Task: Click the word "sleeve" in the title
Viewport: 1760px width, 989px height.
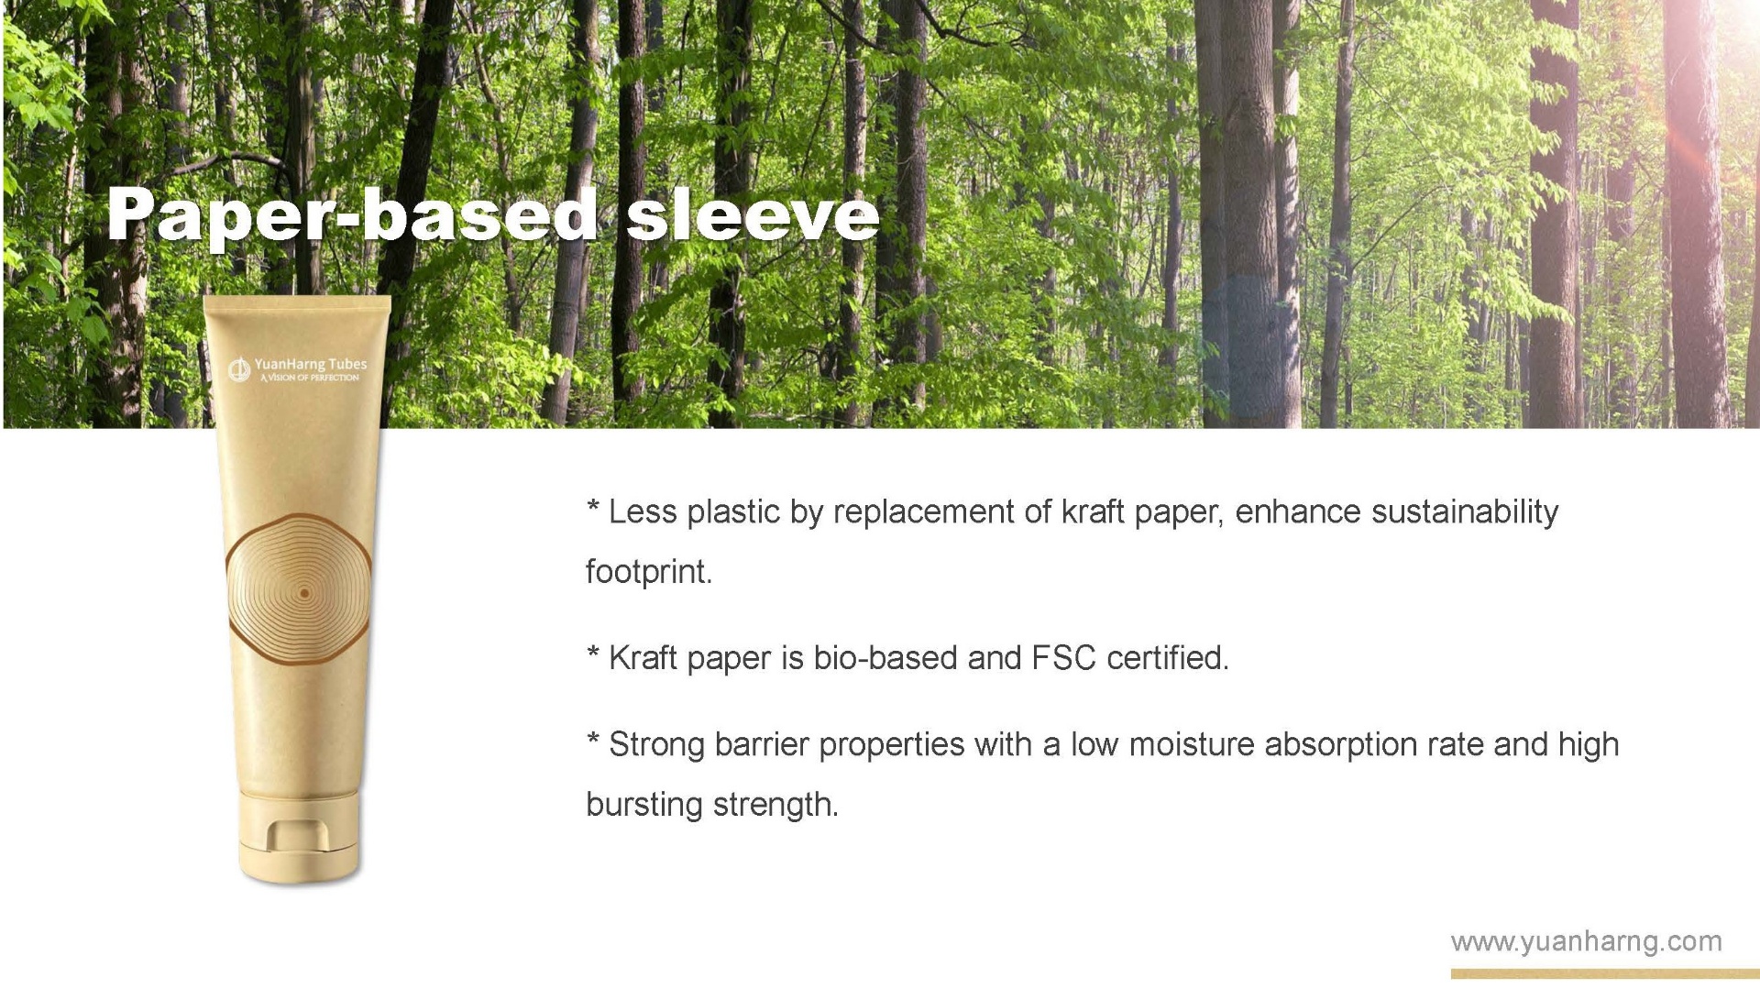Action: click(752, 216)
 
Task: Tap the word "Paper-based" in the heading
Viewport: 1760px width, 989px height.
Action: click(352, 216)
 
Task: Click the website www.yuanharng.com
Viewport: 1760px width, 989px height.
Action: click(1586, 941)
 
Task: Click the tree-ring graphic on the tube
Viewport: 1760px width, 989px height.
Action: click(300, 591)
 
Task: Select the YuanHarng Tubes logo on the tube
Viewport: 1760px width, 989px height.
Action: click(298, 369)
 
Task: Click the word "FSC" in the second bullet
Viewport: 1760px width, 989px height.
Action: click(1063, 658)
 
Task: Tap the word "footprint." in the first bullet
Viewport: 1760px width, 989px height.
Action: click(649, 572)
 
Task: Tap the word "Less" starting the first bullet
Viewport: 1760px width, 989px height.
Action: click(643, 511)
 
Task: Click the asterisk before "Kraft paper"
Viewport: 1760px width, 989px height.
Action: click(593, 654)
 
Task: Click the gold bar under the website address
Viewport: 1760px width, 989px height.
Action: click(1586, 973)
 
